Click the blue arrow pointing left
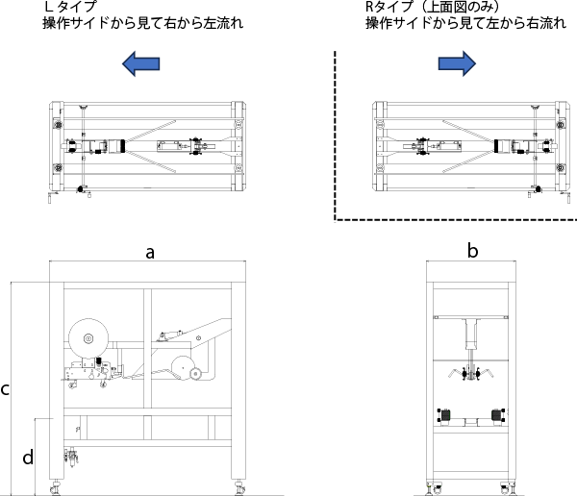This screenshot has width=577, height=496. click(x=140, y=64)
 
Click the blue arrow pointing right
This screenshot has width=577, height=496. click(x=457, y=64)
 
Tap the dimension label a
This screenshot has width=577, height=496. click(x=149, y=253)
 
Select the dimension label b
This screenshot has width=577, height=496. click(x=472, y=252)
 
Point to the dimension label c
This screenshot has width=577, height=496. click(x=6, y=389)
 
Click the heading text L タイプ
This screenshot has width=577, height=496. click(x=70, y=7)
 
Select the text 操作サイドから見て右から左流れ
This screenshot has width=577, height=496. click(x=138, y=22)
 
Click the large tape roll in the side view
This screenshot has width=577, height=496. click(x=88, y=337)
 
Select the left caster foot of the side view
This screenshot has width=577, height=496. click(x=54, y=487)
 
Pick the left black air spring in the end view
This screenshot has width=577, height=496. click(x=443, y=415)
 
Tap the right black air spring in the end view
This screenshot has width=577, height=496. click(x=498, y=415)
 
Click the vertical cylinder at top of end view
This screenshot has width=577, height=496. click(x=471, y=336)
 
